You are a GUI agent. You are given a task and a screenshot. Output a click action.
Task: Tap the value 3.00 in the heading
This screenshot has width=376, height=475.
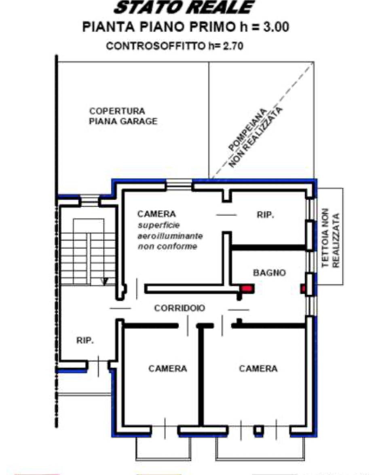pyautogui.click(x=276, y=27)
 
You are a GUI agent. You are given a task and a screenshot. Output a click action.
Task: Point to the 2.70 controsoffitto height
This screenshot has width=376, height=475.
pyautogui.click(x=233, y=46)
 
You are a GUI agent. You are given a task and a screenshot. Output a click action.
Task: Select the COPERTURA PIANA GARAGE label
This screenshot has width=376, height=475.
pyautogui.click(x=123, y=116)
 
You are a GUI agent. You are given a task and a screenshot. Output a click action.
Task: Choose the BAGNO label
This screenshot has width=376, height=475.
pyautogui.click(x=269, y=273)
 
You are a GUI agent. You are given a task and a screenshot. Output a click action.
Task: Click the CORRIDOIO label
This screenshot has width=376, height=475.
pyautogui.click(x=180, y=308)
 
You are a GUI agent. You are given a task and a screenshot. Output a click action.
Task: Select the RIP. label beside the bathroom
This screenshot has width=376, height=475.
pyautogui.click(x=265, y=215)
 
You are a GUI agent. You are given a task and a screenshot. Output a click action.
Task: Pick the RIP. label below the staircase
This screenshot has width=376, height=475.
pyautogui.click(x=85, y=341)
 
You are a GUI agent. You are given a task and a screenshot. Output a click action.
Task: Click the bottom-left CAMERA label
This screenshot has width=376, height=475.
pyautogui.click(x=167, y=369)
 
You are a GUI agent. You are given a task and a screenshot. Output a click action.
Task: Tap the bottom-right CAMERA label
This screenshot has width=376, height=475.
pyautogui.click(x=258, y=369)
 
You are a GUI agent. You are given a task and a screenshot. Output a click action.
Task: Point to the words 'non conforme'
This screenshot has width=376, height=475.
pyautogui.click(x=167, y=246)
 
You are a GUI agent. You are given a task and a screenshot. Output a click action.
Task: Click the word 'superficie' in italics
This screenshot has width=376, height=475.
pyautogui.click(x=158, y=225)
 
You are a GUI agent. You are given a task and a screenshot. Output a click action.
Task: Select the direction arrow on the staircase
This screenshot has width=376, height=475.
pyautogui.click(x=105, y=282)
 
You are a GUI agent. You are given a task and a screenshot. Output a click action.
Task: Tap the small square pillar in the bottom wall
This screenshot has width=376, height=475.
pyautogui.click(x=258, y=430)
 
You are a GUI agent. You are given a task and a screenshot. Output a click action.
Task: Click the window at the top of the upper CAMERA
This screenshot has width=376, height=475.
pyautogui.click(x=179, y=184)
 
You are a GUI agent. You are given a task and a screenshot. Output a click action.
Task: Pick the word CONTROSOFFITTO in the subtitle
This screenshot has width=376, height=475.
pyautogui.click(x=155, y=46)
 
